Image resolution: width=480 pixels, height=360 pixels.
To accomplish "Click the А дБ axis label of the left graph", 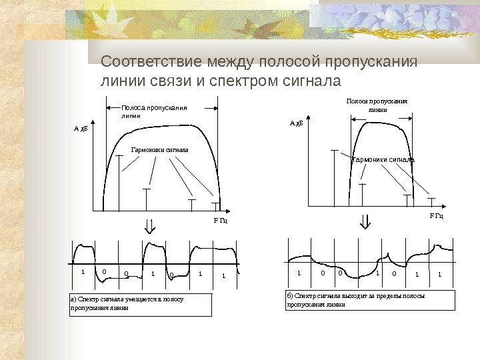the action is (x=80, y=128).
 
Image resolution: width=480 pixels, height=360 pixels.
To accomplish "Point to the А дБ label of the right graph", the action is (x=296, y=123).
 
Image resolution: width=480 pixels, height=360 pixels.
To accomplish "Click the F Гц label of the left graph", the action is (x=220, y=220).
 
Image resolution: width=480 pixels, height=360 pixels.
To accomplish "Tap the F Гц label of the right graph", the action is (x=437, y=216).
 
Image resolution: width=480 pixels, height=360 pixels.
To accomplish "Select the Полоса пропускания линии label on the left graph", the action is (x=153, y=111).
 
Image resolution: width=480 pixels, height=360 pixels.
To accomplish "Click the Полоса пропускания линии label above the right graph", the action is (x=377, y=105).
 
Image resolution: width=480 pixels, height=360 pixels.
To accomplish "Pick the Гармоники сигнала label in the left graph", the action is (x=160, y=150).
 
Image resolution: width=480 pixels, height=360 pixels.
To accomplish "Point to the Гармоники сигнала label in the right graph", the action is (x=383, y=160).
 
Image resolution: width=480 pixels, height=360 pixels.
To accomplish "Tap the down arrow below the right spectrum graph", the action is (x=365, y=221).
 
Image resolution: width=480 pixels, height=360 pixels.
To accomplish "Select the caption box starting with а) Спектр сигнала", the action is (x=141, y=304).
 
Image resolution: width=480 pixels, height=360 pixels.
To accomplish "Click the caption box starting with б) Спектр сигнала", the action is (x=370, y=300).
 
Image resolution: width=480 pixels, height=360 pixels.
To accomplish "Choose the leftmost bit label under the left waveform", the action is (x=83, y=272).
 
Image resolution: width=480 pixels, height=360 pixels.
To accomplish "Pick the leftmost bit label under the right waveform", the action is (x=299, y=273).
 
